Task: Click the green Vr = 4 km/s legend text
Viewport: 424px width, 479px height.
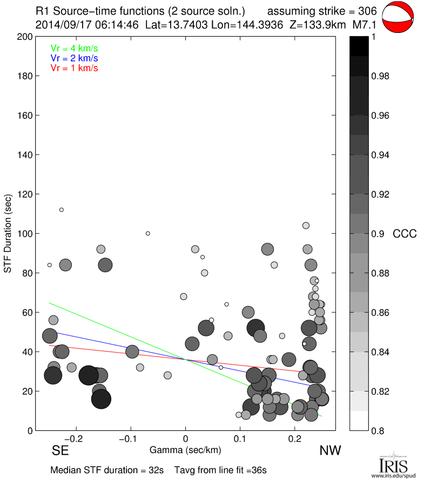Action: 74,48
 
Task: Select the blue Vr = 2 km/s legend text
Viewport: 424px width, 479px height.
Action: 74,58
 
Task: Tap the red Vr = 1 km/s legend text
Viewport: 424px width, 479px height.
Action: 74,68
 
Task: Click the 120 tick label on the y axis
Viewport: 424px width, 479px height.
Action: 25,194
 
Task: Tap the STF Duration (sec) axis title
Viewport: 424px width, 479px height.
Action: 9,234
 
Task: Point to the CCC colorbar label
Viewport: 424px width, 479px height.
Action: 405,234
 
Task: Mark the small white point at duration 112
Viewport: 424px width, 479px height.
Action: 62,210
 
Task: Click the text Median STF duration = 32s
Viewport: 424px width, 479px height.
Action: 107,470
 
